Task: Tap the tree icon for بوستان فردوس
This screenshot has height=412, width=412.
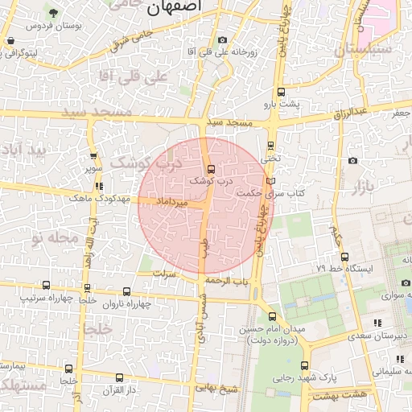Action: point(53,13)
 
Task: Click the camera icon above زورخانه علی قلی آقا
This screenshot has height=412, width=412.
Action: point(222,39)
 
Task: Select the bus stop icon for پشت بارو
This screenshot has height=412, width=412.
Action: point(280,92)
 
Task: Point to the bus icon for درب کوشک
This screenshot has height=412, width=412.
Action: point(211,169)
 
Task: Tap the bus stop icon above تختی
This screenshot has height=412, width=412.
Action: point(270,146)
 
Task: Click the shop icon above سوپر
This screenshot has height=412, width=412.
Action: point(94,157)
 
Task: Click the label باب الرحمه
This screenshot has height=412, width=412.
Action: point(228,281)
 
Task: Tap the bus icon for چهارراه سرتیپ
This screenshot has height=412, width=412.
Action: point(45,285)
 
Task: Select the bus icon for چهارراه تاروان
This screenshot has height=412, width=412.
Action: point(126,291)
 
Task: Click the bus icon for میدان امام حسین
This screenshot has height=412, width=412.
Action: point(272,316)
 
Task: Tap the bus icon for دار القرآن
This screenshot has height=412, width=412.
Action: point(119,377)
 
